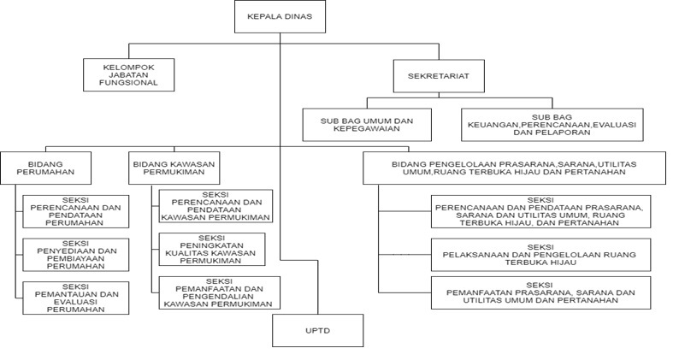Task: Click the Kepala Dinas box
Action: click(279, 15)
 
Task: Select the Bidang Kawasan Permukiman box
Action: click(174, 167)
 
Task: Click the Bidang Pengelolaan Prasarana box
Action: click(514, 167)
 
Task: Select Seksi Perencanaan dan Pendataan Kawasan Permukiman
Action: click(216, 206)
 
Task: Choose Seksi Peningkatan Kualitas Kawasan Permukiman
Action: click(216, 249)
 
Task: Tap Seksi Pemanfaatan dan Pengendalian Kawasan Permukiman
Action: click(216, 292)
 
